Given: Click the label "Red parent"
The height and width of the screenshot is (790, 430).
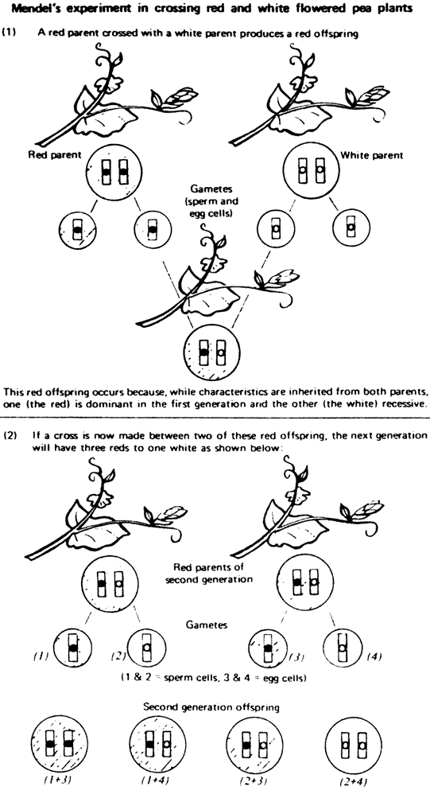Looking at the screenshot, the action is click(54, 155).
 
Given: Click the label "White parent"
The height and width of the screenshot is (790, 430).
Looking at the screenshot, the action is click(372, 156).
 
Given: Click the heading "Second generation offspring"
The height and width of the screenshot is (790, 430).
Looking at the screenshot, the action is click(211, 707).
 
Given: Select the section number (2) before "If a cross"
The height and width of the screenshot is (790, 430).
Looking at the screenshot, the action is click(10, 435).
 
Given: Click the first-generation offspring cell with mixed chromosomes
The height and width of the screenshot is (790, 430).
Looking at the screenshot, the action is click(212, 352).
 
